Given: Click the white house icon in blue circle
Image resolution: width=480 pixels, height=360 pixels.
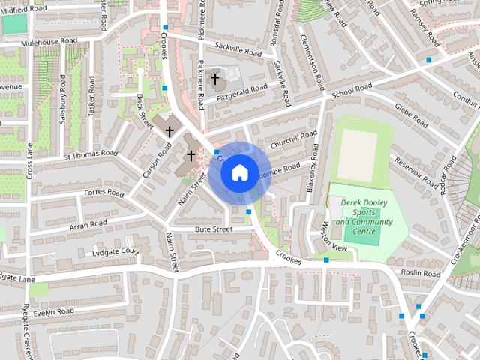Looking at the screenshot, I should pyautogui.click(x=238, y=172).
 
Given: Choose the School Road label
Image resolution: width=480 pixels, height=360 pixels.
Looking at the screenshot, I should pyautogui.click(x=352, y=88).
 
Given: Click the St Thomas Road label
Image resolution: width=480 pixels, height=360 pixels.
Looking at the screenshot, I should pyautogui.click(x=91, y=155).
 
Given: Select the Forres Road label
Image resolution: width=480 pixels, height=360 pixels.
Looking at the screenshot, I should pyautogui.click(x=104, y=193).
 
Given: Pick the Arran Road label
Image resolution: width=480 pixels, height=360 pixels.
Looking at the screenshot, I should pyautogui.click(x=88, y=223).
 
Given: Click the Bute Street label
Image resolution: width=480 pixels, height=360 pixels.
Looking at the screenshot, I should pyautogui.click(x=214, y=229).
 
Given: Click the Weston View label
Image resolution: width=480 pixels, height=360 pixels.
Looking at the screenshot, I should pyautogui.click(x=334, y=238).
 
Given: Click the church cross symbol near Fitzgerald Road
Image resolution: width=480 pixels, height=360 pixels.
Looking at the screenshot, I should pyautogui.click(x=215, y=78).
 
